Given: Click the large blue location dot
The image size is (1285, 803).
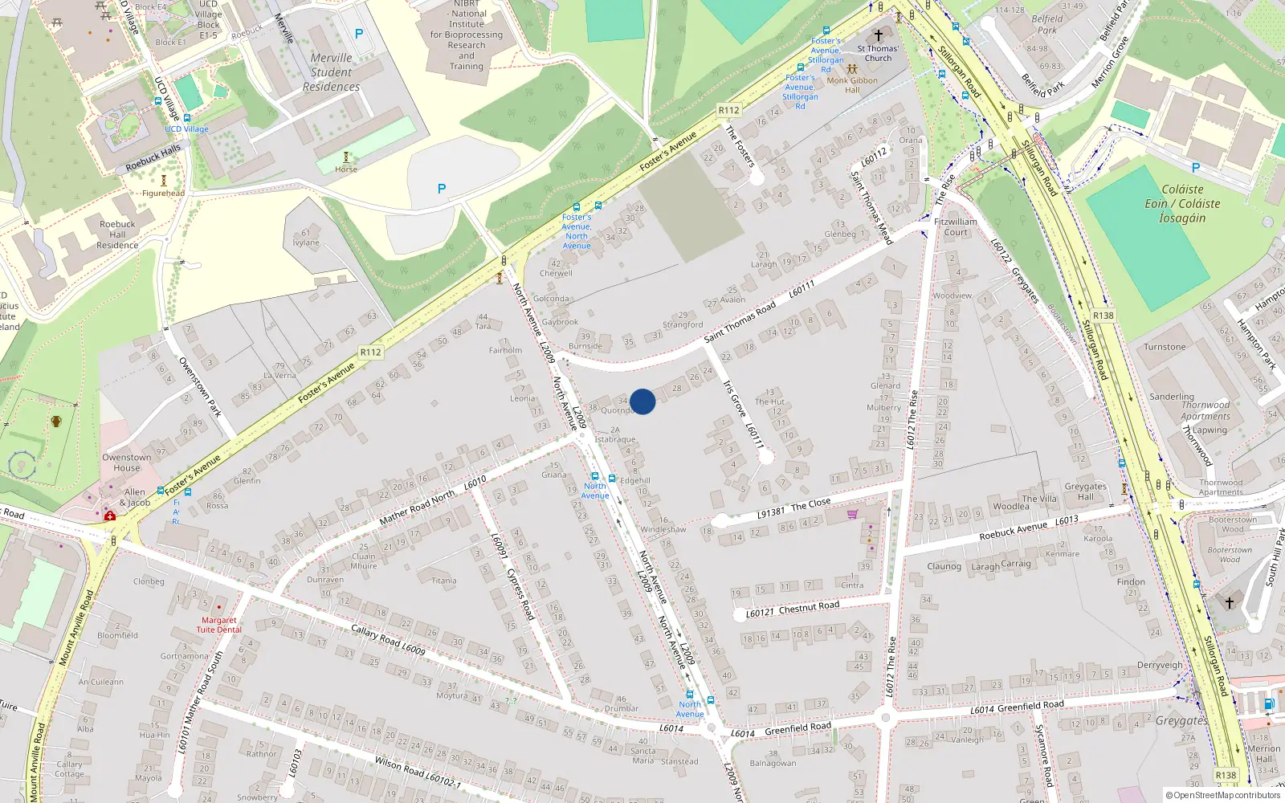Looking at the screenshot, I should click(x=642, y=401).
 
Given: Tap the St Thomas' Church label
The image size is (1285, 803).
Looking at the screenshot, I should click(x=878, y=53).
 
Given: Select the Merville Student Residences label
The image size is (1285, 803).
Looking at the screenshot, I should click(x=331, y=72).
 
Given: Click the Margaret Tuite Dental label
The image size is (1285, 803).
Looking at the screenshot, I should click(x=218, y=625).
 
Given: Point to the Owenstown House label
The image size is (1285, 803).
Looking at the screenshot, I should click(x=126, y=463).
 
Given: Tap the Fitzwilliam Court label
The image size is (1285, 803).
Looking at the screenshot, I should click(x=956, y=227).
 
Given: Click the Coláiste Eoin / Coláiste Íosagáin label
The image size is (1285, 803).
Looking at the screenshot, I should click(x=1182, y=203).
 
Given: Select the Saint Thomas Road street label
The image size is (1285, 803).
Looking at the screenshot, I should click(x=740, y=321).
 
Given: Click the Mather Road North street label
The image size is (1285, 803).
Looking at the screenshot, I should click(x=417, y=508).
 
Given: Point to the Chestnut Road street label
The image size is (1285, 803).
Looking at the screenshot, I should click(x=809, y=607).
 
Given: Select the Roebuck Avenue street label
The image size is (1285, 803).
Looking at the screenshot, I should click(x=1014, y=530).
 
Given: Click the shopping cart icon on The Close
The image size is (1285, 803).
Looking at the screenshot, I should click(x=852, y=514).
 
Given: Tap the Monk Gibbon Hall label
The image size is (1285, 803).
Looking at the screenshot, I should click(x=852, y=85).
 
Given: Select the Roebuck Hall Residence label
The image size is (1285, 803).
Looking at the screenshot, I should click(x=117, y=234).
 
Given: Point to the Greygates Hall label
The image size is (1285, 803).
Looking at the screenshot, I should click(x=1085, y=491).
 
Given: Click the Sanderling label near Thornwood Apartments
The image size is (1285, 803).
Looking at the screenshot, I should click(x=1171, y=397).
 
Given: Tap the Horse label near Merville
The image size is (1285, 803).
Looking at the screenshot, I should click(x=346, y=169).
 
